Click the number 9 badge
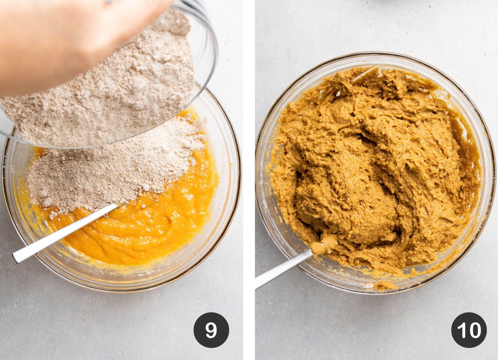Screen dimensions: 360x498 click(211, 330)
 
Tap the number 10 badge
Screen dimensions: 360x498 click(469, 330)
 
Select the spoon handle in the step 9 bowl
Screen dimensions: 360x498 click(62, 234)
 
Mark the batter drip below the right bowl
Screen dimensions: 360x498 click(384, 285)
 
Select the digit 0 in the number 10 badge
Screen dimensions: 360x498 click(474, 330)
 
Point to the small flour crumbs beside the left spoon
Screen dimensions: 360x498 click(54, 214)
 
